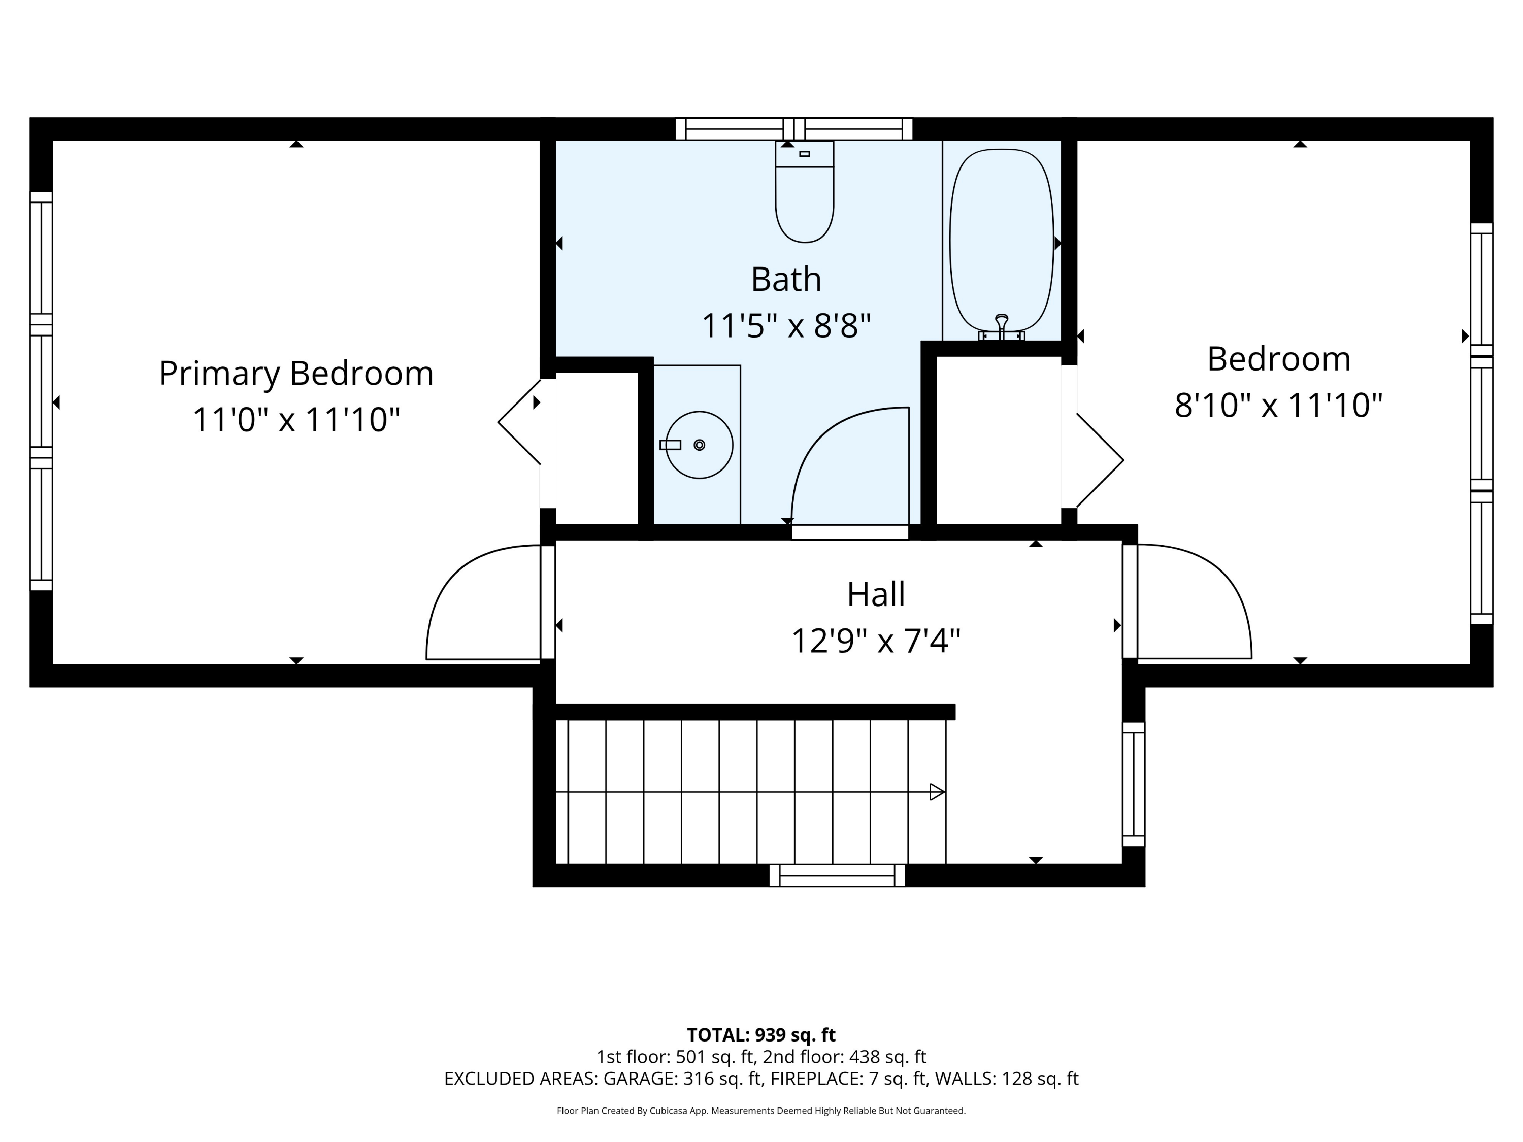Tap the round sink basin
click(699, 445)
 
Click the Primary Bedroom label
click(296, 373)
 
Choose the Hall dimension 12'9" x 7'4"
click(875, 641)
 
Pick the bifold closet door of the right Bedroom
click(1100, 460)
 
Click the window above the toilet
click(794, 129)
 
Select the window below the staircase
click(837, 875)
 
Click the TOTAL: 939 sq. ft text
click(761, 1034)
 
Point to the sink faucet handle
click(670, 445)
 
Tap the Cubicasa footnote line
click(761, 1111)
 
